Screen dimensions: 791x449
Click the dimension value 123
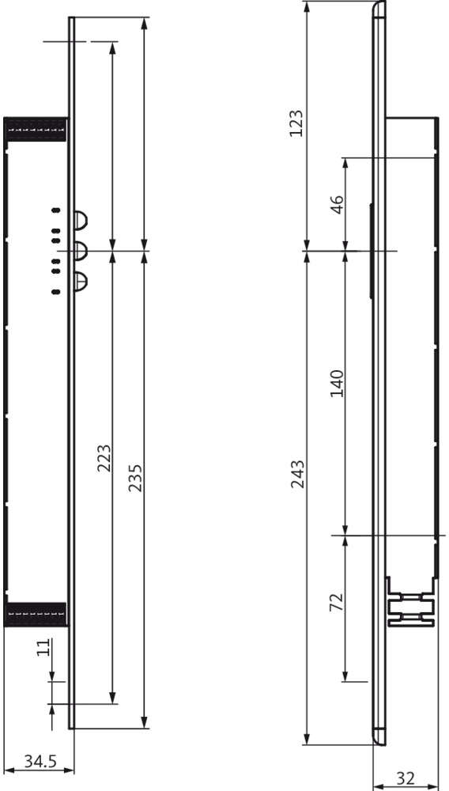click(296, 123)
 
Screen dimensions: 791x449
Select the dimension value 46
click(336, 205)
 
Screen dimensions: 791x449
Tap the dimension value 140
click(336, 384)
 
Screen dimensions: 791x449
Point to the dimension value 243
click(297, 473)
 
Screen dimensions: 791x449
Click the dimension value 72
click(336, 602)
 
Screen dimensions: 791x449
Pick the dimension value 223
click(104, 458)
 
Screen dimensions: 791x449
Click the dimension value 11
click(44, 648)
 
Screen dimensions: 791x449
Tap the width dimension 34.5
click(39, 762)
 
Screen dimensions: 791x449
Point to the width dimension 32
click(405, 778)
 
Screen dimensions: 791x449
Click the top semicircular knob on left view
click(81, 219)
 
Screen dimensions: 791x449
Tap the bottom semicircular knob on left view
click(81, 281)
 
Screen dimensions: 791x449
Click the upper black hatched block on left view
click(35, 129)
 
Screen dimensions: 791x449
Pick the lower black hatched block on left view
click(35, 613)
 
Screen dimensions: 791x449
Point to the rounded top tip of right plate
click(379, 9)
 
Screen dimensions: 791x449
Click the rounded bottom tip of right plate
click(379, 736)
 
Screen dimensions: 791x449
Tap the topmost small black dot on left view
click(55, 210)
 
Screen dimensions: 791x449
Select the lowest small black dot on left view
click(55, 292)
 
